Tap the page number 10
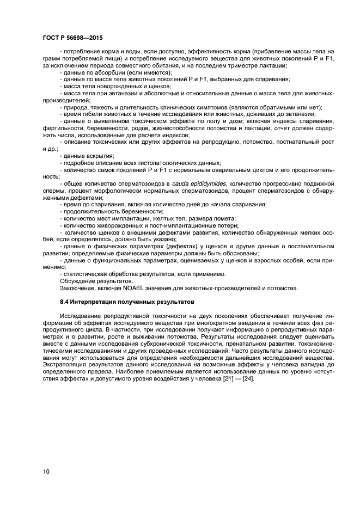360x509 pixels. point(46,471)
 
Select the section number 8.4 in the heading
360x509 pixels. point(64,302)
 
